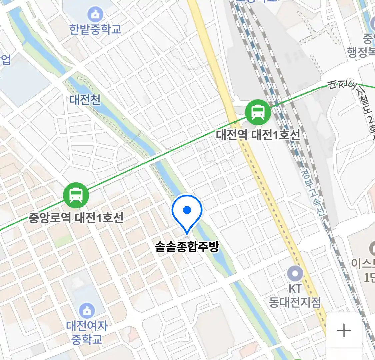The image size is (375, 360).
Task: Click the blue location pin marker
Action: [x=187, y=213]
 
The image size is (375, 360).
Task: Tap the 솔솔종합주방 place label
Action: [x=187, y=247]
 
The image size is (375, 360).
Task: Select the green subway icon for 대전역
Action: [x=258, y=112]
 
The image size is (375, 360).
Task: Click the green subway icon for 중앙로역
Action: [x=76, y=195]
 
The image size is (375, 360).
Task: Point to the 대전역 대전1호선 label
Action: [x=258, y=135]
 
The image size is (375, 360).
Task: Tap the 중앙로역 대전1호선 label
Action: [x=76, y=218]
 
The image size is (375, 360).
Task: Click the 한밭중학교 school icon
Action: [x=95, y=14]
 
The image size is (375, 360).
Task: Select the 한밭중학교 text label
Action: [x=95, y=29]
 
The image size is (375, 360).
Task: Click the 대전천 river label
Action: [x=85, y=100]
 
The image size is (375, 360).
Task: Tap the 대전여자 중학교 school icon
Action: [x=87, y=311]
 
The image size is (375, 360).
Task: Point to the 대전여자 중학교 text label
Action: [x=87, y=332]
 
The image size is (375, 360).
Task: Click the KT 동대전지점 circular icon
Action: [x=295, y=274]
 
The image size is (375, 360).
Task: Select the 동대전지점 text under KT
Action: [x=295, y=302]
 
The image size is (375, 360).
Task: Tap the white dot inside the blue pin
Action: [x=187, y=210]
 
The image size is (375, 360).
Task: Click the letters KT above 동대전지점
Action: [x=295, y=289]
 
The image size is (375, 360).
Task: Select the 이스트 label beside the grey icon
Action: [x=363, y=263]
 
